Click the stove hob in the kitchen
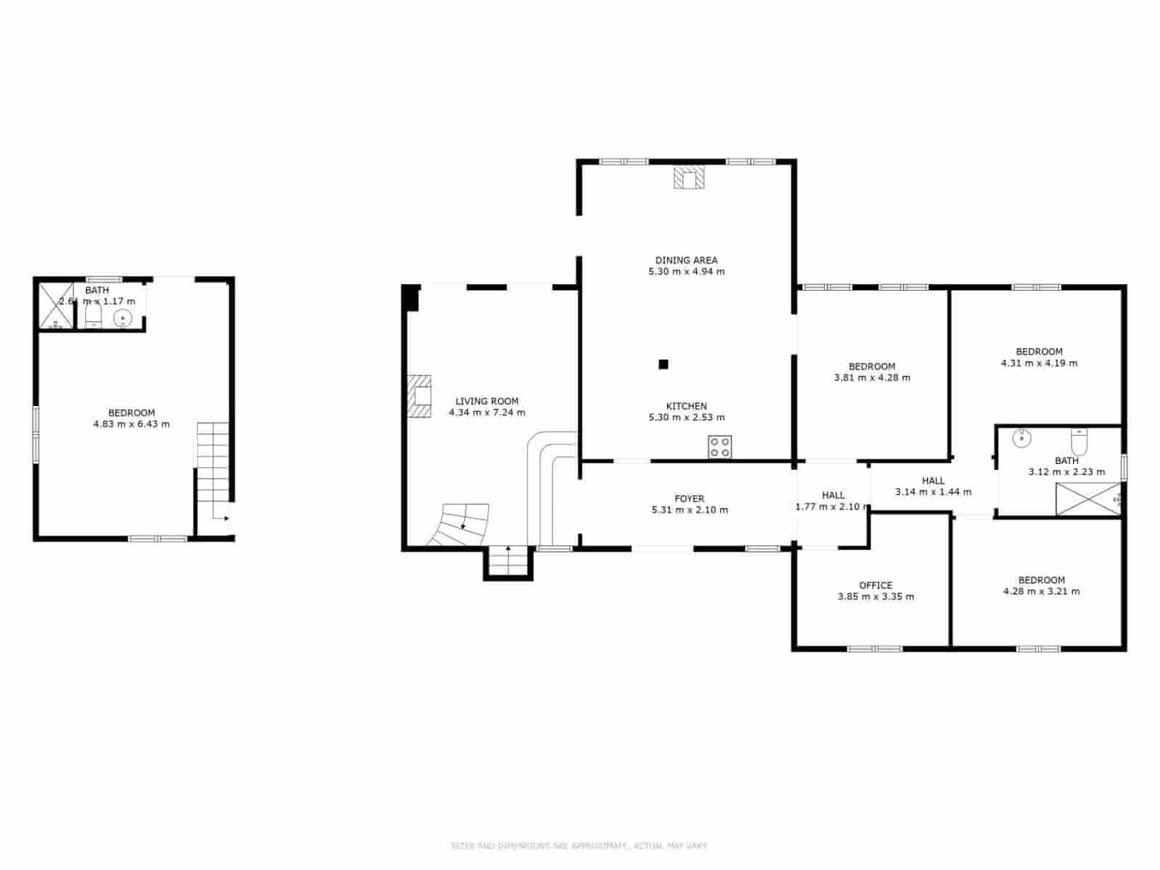720,447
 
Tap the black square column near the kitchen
663,365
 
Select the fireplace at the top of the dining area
689,178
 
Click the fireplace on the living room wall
419,396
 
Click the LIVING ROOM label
486,401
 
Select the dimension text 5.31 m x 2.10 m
689,510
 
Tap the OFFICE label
875,585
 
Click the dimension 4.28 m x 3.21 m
1041,591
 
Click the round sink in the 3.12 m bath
1022,437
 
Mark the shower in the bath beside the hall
1087,500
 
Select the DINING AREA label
686,260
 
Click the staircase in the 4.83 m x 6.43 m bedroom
212,464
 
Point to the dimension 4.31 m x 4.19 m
1039,362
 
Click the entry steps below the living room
508,563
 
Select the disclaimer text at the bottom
579,845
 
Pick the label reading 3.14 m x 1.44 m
933,492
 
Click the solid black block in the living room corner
411,298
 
